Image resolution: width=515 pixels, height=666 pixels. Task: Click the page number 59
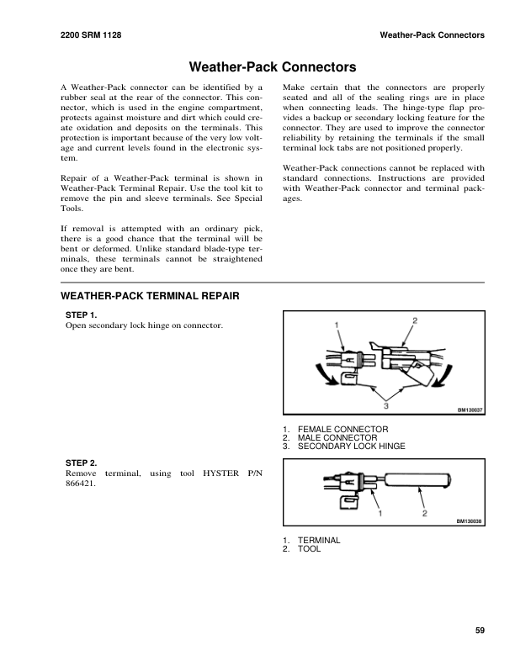click(480, 631)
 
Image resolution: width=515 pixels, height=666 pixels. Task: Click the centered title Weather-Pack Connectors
click(257, 66)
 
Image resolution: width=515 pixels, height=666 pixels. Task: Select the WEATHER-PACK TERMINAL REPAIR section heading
click(151, 297)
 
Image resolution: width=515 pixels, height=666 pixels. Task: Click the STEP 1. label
click(82, 314)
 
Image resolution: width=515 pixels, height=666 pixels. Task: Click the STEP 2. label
click(82, 462)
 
